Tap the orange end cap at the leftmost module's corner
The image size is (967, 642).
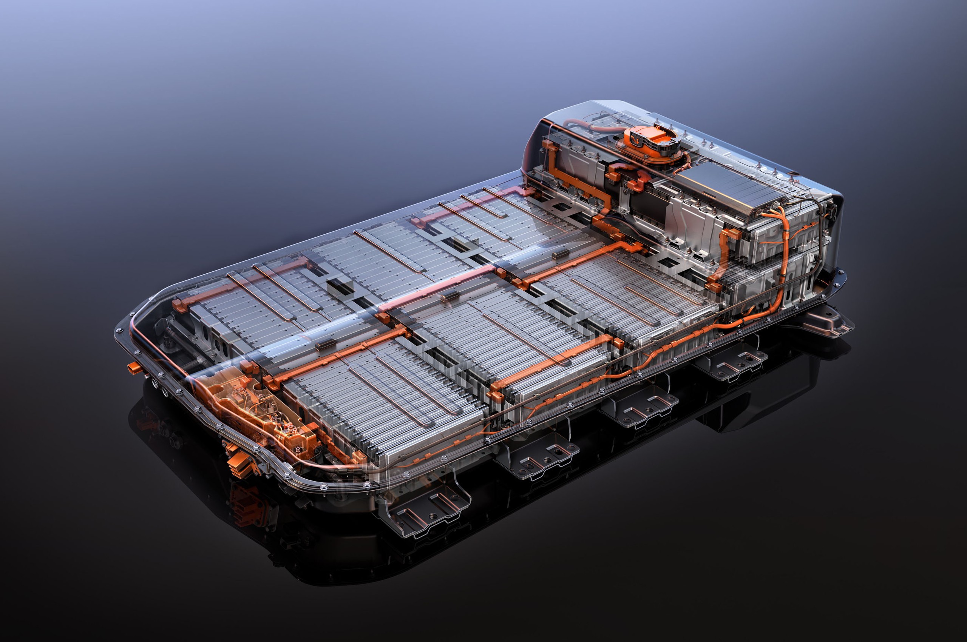tap(177, 305)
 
